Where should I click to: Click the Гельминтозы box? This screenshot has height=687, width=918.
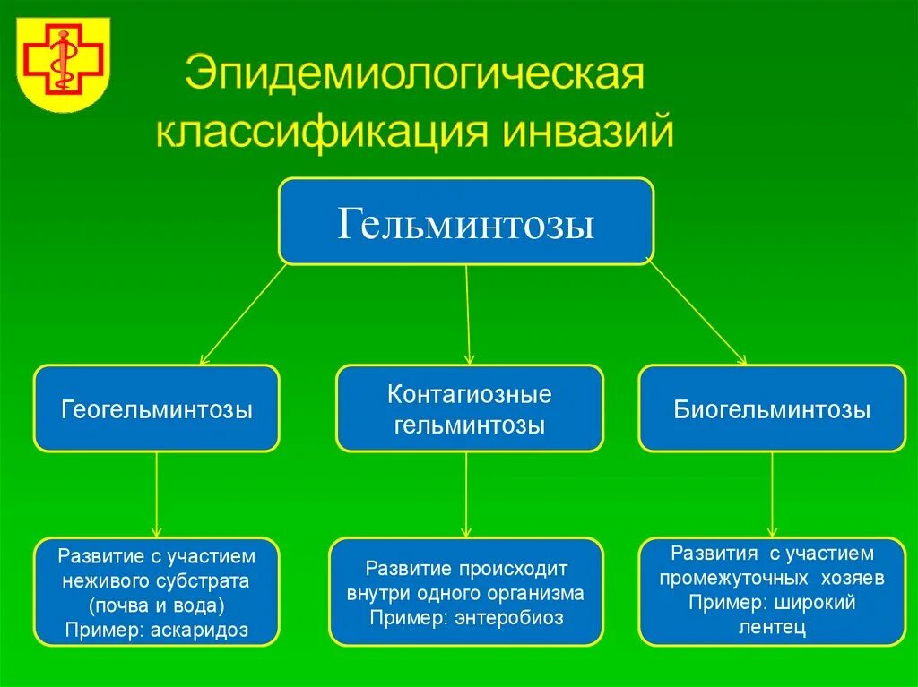466,222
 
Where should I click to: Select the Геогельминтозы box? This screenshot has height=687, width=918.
157,408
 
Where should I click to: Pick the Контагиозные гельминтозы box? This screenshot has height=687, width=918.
469,408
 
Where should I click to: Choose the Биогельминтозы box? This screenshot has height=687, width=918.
772,408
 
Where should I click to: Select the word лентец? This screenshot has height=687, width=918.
773,627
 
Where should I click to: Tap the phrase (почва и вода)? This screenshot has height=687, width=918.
157,605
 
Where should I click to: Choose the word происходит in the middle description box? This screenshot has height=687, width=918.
515,569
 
